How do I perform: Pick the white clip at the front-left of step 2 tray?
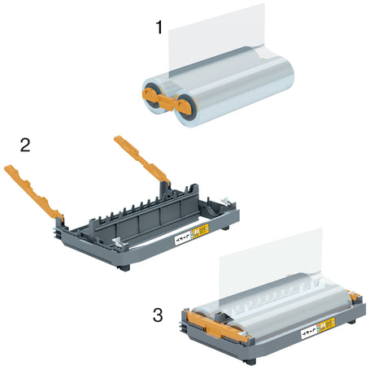[120, 242]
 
